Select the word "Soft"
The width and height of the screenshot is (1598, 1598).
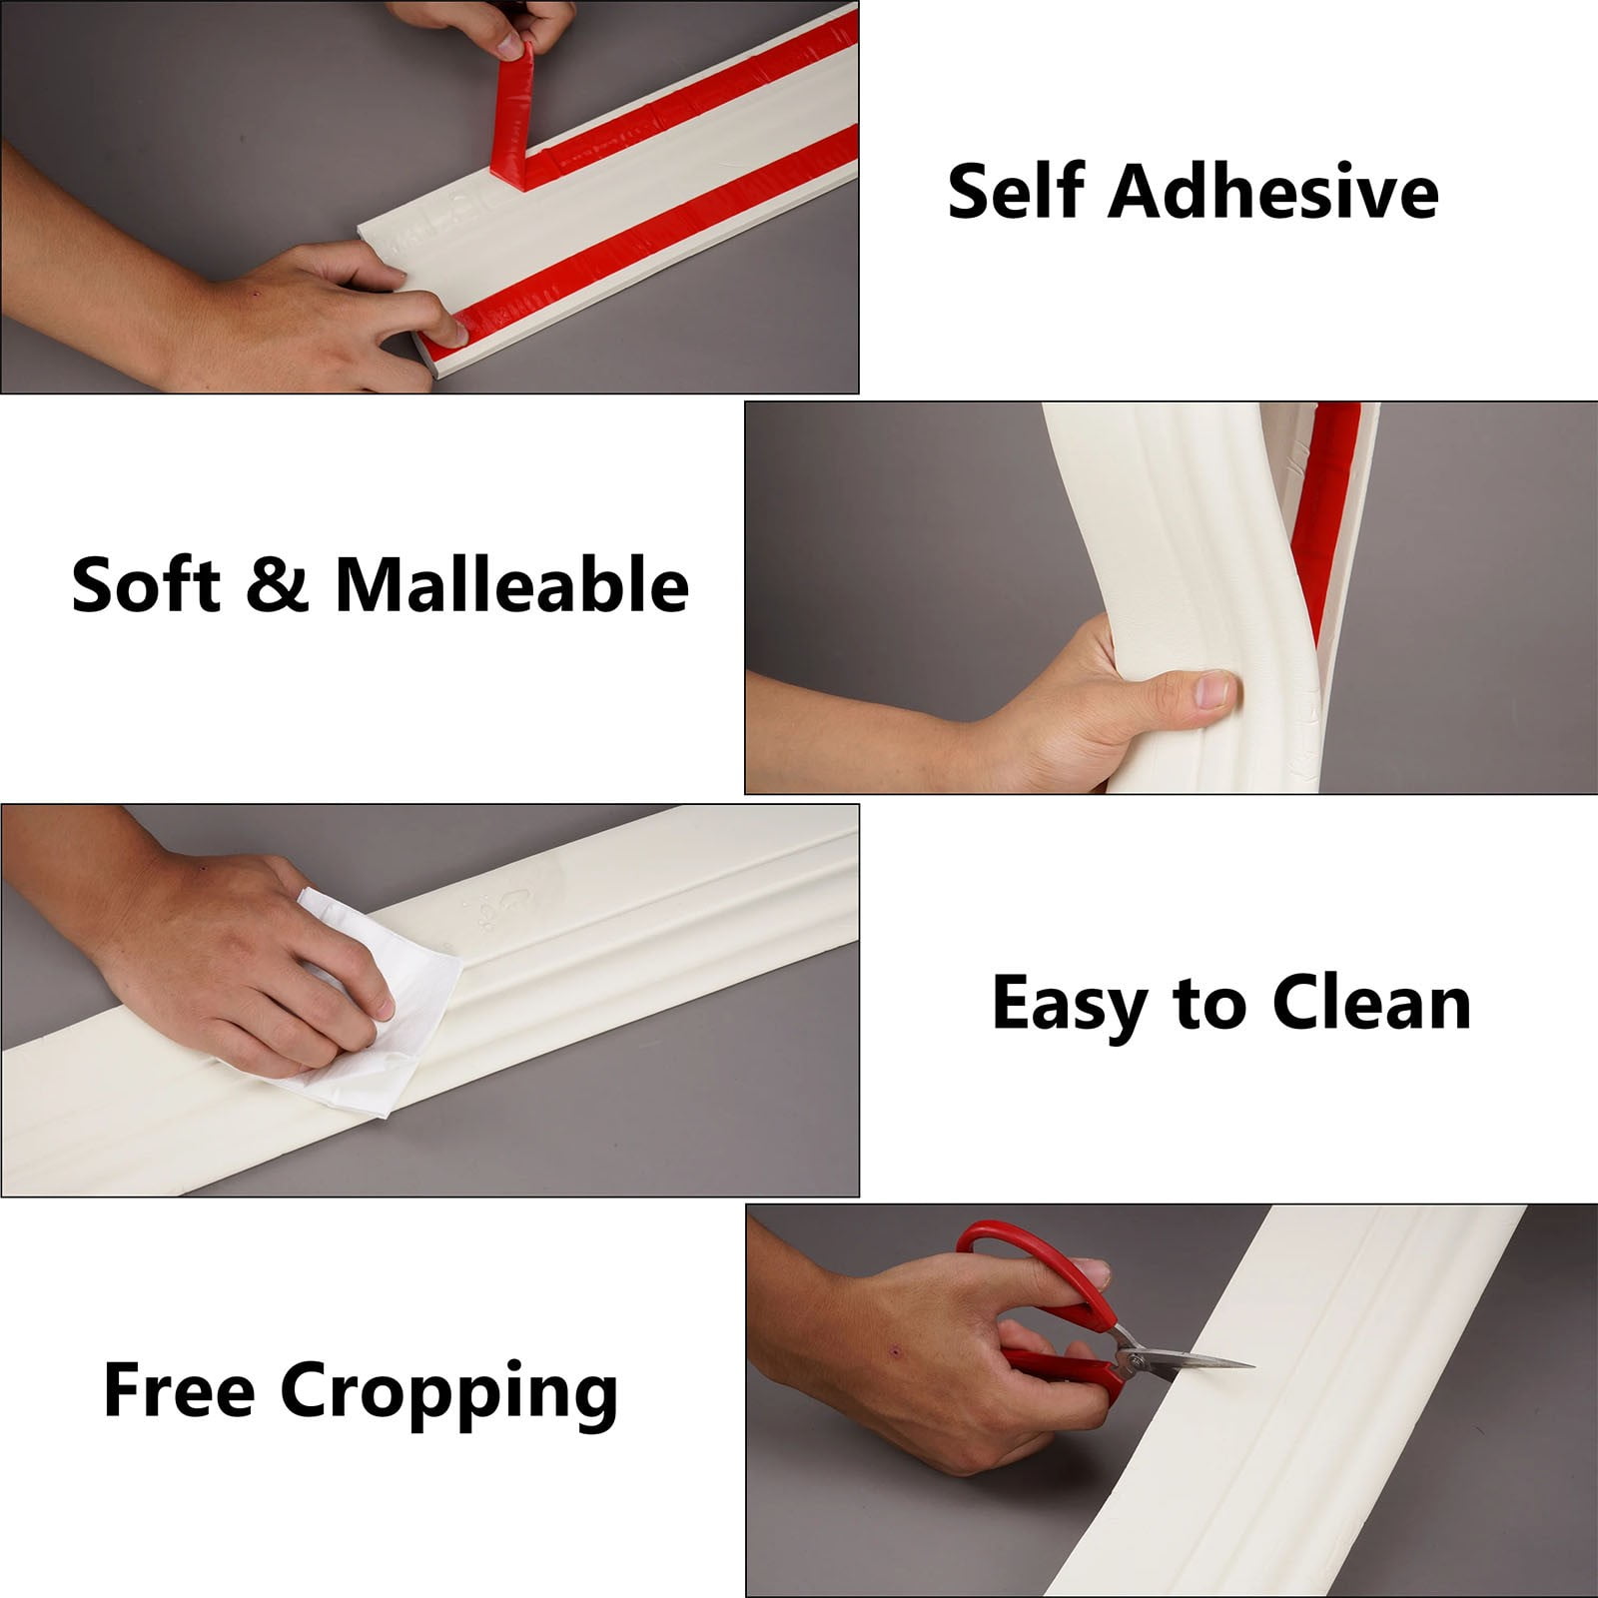146,584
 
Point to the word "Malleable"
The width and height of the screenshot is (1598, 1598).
511,584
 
